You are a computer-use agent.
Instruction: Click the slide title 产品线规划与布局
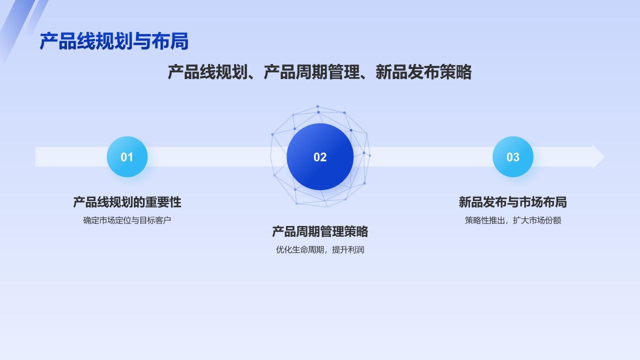pyautogui.click(x=114, y=42)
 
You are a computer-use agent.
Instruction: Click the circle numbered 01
pyautogui.click(x=127, y=157)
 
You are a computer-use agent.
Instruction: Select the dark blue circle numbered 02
pyautogui.click(x=320, y=157)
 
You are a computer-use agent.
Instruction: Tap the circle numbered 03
pyautogui.click(x=513, y=157)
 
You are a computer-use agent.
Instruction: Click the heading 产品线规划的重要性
pyautogui.click(x=127, y=202)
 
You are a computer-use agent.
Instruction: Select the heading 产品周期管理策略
pyautogui.click(x=320, y=231)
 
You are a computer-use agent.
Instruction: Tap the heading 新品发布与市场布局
pyautogui.click(x=513, y=202)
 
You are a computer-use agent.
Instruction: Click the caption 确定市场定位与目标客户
pyautogui.click(x=127, y=220)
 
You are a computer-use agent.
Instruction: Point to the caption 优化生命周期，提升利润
pyautogui.click(x=320, y=249)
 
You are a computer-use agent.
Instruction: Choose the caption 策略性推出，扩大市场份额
pyautogui.click(x=513, y=220)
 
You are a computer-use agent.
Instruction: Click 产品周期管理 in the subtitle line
pyautogui.click(x=311, y=72)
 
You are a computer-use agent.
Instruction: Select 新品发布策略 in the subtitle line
pyautogui.click(x=423, y=72)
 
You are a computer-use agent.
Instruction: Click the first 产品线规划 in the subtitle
pyautogui.click(x=207, y=72)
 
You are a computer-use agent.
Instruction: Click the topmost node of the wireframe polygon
pyautogui.click(x=317, y=106)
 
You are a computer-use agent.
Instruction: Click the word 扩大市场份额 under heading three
pyautogui.click(x=537, y=220)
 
